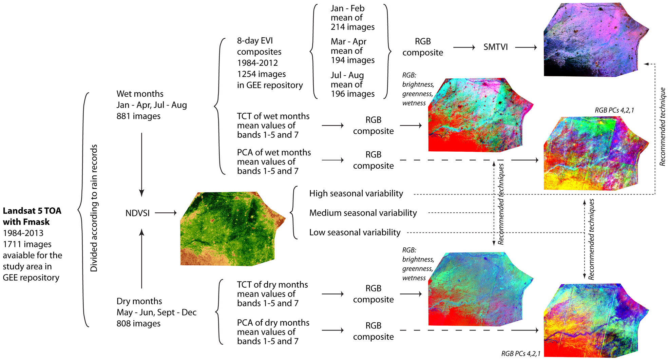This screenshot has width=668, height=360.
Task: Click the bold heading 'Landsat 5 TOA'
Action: tap(32, 211)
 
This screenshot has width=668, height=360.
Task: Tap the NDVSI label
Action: tap(137, 213)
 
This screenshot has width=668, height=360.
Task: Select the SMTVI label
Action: tap(495, 47)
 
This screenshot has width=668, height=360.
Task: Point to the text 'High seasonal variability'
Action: tap(356, 193)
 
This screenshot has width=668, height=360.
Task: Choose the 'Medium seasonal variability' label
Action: tap(363, 213)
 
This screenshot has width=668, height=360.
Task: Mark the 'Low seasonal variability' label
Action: tap(355, 232)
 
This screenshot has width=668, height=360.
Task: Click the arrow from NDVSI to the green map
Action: tap(166, 213)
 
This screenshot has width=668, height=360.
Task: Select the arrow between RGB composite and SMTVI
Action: tap(463, 48)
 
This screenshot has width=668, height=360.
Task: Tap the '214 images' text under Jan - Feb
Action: tap(352, 27)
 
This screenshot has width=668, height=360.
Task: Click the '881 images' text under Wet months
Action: tap(138, 116)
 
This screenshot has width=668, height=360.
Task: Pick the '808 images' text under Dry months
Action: tap(138, 323)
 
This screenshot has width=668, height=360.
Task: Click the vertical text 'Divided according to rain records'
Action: tap(94, 208)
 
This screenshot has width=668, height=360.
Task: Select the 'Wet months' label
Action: tap(140, 94)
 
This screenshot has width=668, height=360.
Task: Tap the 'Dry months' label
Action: tap(139, 301)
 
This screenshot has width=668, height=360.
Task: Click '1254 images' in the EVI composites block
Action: tap(261, 74)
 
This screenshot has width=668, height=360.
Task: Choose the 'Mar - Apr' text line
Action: tap(348, 41)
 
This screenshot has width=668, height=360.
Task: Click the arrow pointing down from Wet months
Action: tap(141, 165)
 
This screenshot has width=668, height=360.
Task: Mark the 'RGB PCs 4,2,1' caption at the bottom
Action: tap(520, 354)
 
